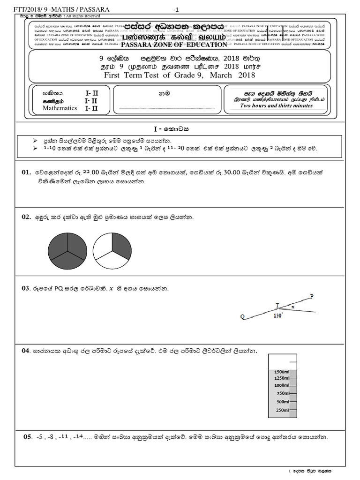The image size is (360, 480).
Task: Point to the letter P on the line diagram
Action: [312, 296]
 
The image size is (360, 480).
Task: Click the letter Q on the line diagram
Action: [242, 317]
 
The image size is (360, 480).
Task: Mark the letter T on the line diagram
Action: [277, 305]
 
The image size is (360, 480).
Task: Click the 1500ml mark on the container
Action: [280, 372]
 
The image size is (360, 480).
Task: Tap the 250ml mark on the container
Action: [283, 410]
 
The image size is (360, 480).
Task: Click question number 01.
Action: [26, 172]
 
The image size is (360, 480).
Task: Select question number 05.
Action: [28, 437]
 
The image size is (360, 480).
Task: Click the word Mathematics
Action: [60, 108]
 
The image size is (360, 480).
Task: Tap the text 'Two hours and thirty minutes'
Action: [276, 106]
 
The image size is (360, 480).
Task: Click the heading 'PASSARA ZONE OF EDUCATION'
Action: [174, 45]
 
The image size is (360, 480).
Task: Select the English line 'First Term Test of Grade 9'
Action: [180, 75]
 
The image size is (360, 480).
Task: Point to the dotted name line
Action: [167, 107]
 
